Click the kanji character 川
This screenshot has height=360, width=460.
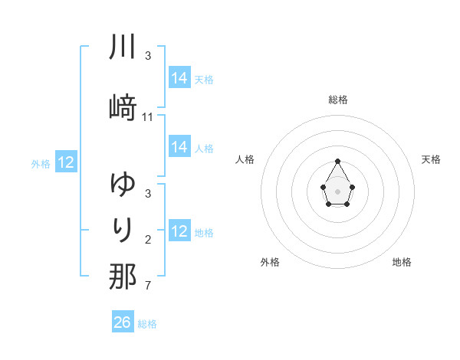point(123,47)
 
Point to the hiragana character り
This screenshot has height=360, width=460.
point(123,230)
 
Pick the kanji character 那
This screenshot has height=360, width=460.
point(123,277)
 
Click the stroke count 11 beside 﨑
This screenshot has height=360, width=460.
point(148,116)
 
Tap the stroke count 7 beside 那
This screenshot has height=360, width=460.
point(148,286)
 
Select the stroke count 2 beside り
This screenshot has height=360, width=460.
point(148,241)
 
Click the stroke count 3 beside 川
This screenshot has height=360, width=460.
point(148,56)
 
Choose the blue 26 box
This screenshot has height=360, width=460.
point(123,322)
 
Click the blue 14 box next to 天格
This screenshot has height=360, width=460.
point(179,78)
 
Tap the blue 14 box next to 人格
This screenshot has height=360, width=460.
point(179,147)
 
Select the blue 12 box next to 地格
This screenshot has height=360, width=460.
point(179,231)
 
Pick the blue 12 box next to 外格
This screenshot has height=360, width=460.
point(66,162)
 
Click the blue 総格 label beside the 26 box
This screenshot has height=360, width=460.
point(147,324)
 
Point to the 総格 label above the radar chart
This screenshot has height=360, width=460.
point(337,100)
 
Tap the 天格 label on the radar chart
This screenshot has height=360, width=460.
point(432,159)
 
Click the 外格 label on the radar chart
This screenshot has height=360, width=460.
point(270,262)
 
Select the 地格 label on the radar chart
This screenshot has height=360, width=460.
point(402,262)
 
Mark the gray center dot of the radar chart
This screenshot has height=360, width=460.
point(337,190)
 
